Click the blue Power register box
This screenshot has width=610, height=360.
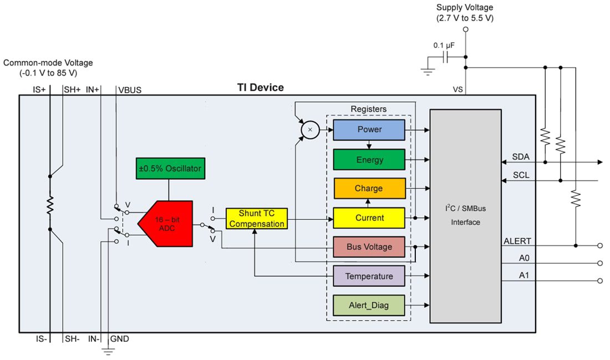[369, 130]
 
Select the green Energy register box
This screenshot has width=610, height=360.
[369, 160]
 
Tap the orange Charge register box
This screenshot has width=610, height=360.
[369, 189]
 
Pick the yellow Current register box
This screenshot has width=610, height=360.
[369, 218]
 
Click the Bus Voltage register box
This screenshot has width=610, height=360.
[369, 247]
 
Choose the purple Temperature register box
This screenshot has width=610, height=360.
[369, 276]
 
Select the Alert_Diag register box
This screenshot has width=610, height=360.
[369, 305]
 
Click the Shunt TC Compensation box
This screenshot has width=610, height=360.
[257, 219]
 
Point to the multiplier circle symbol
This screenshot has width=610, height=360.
[309, 130]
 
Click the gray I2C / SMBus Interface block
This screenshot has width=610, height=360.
[466, 216]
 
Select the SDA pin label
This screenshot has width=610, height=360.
[521, 157]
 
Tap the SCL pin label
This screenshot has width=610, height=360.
[521, 175]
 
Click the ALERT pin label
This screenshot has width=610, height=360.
[517, 241]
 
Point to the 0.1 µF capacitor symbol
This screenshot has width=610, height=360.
[445, 57]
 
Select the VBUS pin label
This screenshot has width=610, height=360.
[130, 90]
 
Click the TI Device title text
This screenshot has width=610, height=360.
[260, 88]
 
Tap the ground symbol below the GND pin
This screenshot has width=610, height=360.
[108, 351]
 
